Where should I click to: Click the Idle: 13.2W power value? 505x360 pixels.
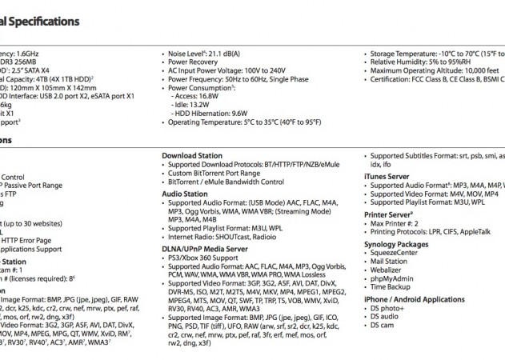click(191, 103)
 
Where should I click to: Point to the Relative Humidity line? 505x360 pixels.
click(421, 62)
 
